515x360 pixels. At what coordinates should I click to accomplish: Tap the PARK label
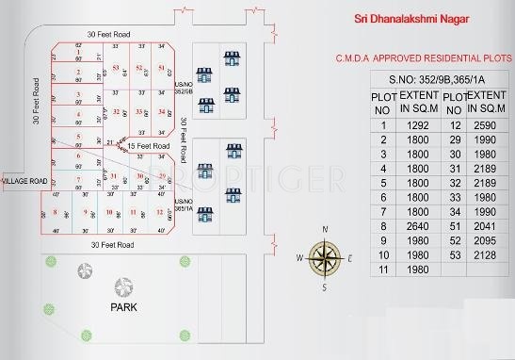point(124,307)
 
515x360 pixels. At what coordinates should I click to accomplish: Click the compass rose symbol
point(325,256)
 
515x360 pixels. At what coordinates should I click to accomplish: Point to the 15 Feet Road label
point(148,147)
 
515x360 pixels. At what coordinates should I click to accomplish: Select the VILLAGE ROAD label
point(24,179)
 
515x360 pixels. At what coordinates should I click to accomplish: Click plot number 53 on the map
point(115,69)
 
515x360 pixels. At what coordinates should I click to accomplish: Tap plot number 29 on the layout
point(161,176)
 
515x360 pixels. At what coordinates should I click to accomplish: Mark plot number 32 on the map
point(116,112)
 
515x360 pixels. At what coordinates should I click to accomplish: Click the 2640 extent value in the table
point(415,226)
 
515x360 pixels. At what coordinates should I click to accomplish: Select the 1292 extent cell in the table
point(415,124)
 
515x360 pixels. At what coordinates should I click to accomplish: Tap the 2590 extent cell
point(486,124)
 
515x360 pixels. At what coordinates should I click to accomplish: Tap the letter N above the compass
point(325,229)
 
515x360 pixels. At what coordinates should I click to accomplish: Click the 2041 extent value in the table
point(486,226)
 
